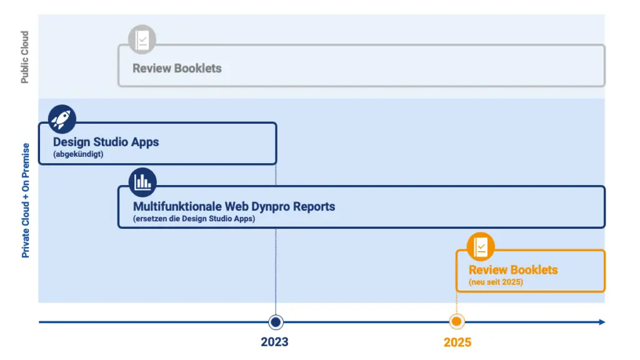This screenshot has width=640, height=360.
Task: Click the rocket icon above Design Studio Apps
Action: [62, 119]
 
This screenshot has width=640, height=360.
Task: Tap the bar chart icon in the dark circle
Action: [142, 182]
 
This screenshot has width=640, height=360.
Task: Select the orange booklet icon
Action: [481, 246]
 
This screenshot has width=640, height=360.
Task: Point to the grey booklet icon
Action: [142, 39]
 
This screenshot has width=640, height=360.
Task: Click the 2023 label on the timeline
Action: [275, 342]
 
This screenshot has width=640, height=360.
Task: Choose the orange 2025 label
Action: [457, 342]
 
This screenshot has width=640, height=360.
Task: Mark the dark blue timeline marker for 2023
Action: [276, 322]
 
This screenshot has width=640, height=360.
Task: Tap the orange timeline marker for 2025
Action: [457, 322]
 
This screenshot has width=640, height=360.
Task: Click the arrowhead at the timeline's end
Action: [602, 322]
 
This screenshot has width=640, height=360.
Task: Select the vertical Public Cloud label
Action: [25, 57]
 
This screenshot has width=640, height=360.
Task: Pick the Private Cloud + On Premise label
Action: [26, 201]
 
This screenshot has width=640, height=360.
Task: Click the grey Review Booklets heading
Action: [177, 68]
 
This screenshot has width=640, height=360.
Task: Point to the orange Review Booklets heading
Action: [513, 270]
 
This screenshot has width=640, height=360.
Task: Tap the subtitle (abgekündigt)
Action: [78, 154]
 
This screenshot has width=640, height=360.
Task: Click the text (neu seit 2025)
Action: [496, 282]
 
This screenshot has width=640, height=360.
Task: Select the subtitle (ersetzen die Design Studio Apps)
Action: [194, 219]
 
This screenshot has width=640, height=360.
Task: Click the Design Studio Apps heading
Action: [106, 142]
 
